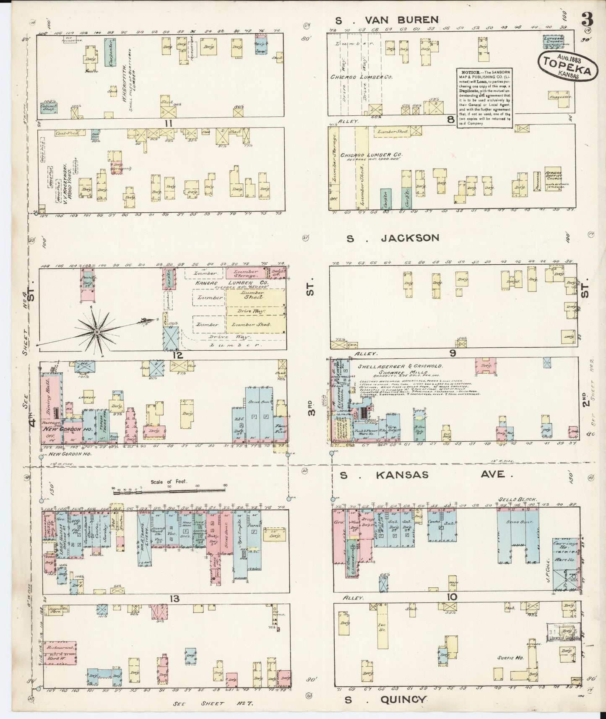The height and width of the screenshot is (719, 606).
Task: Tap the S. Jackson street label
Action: pyautogui.click(x=393, y=238)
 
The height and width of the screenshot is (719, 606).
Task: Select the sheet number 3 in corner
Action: pyautogui.click(x=587, y=19)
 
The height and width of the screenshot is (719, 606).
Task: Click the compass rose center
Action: pyautogui.click(x=97, y=332)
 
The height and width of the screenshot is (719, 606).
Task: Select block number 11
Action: pyautogui.click(x=169, y=123)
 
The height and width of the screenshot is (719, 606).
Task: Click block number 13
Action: pyautogui.click(x=174, y=599)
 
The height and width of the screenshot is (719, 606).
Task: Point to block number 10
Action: pyautogui.click(x=452, y=597)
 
